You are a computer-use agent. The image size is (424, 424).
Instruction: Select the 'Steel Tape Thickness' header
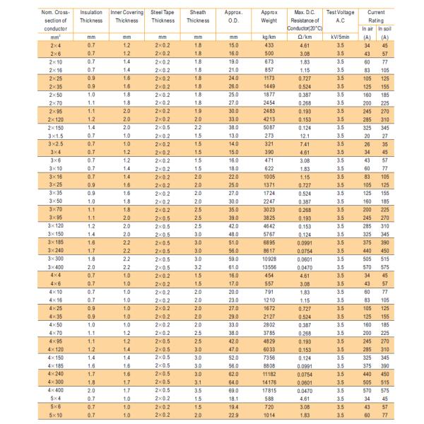click(163, 17)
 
